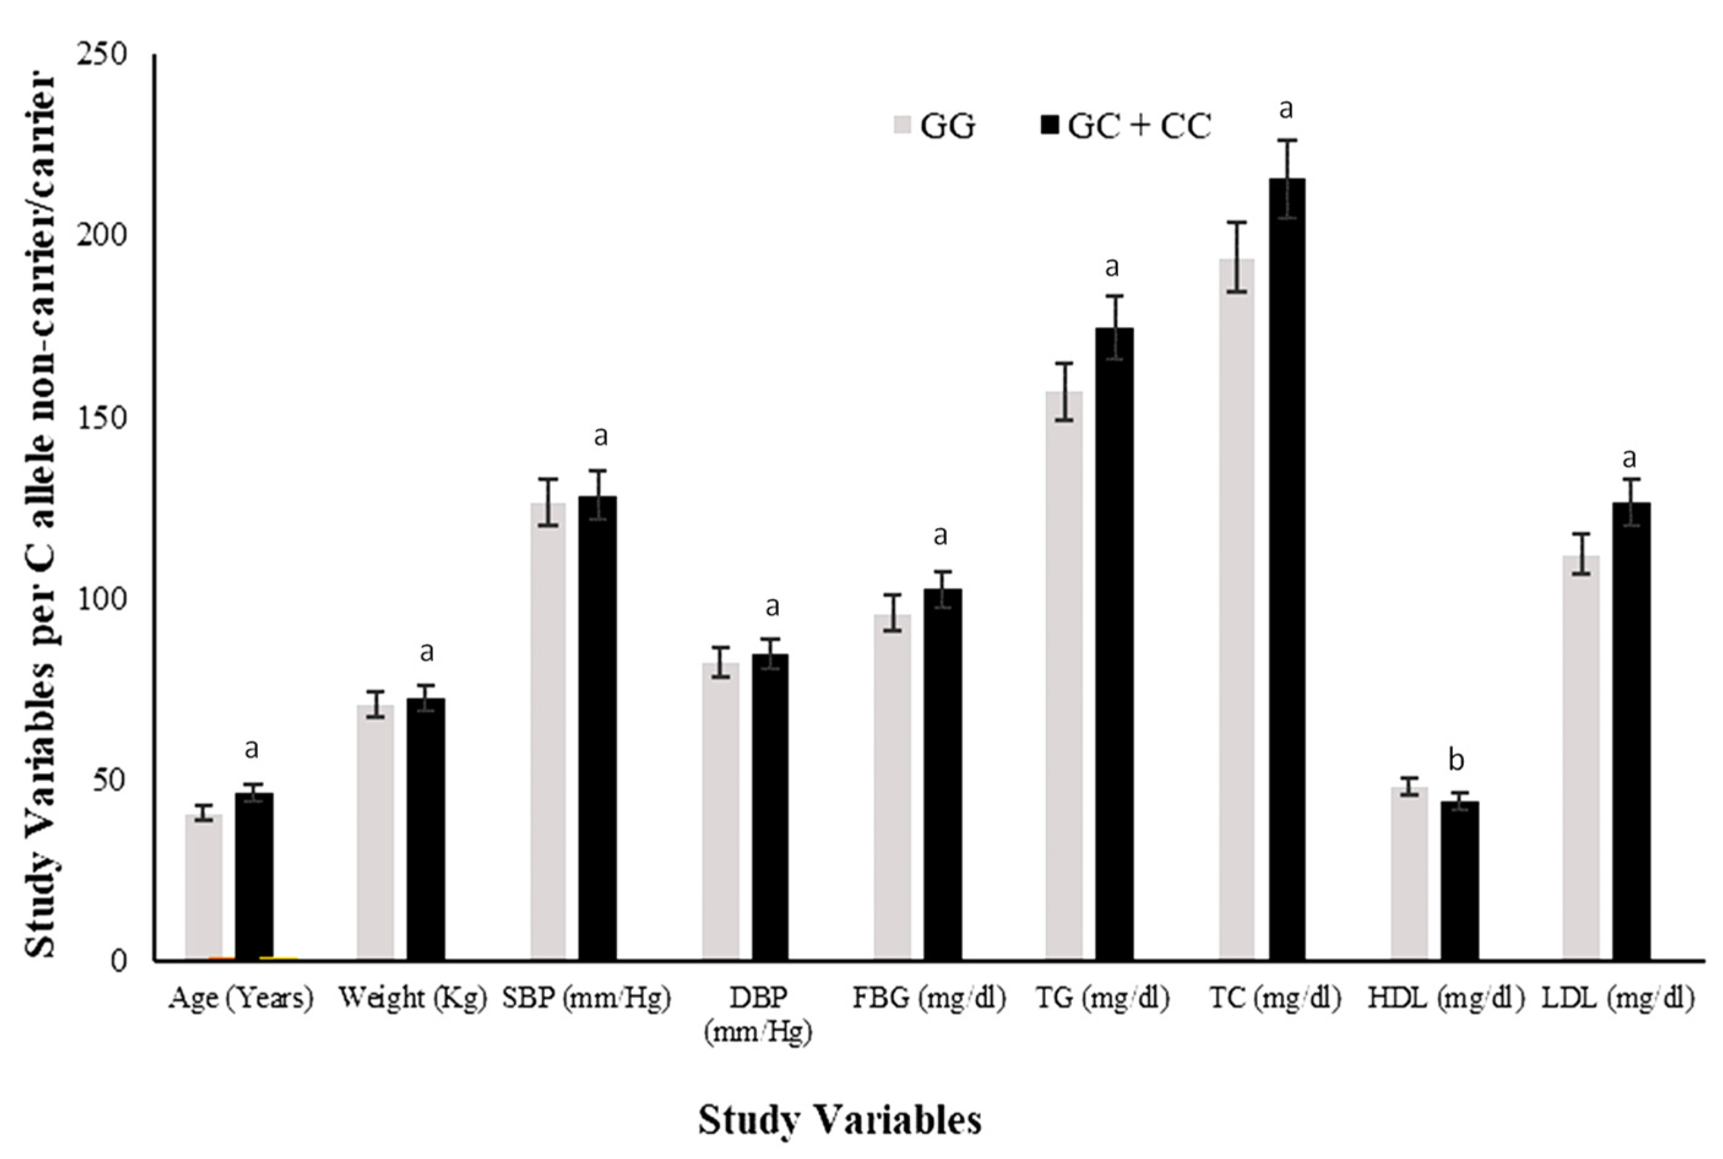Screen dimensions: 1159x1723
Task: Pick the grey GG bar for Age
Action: tap(204, 887)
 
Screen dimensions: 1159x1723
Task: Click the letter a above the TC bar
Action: tap(1286, 109)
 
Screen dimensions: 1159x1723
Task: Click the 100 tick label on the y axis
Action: tap(100, 598)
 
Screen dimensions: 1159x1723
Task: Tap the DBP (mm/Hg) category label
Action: tap(757, 1015)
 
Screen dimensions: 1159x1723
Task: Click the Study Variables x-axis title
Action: tap(840, 1120)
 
